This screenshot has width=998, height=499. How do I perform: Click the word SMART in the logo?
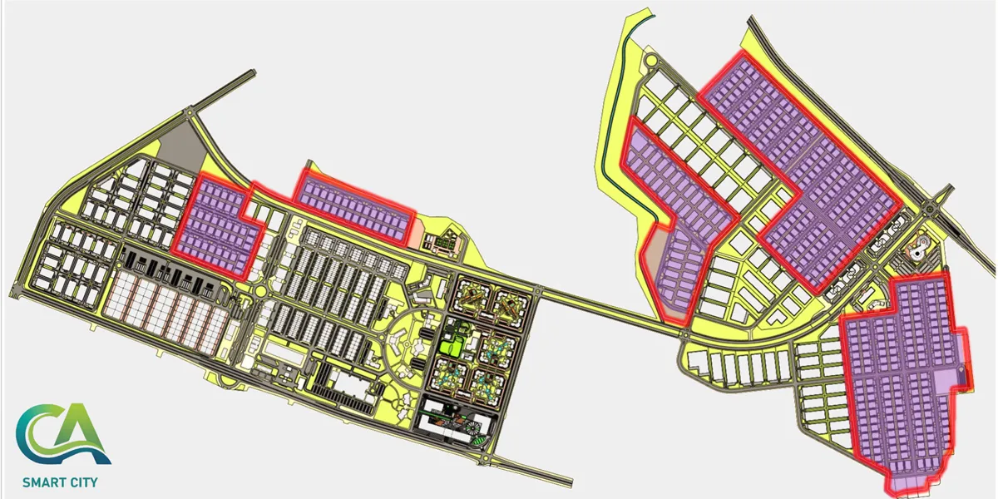point(41,482)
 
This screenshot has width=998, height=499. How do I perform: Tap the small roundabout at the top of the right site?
point(652,61)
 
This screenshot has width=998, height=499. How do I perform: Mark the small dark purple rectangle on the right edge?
point(961,378)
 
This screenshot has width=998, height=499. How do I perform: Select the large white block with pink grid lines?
point(166,312)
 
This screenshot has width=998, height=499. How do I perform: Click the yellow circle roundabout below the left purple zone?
point(260,291)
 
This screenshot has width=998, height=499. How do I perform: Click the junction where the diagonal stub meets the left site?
point(190,111)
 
